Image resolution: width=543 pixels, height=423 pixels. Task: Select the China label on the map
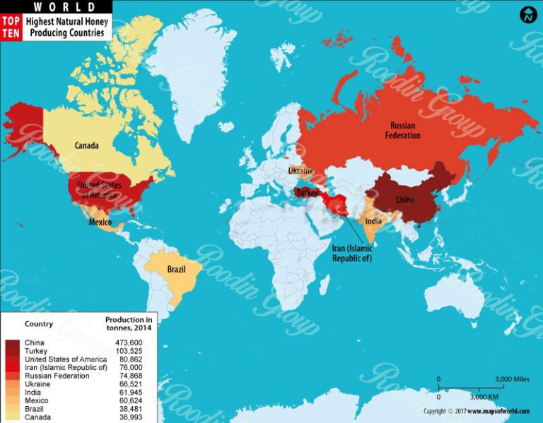(405, 200)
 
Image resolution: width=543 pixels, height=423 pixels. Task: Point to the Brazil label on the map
(177, 270)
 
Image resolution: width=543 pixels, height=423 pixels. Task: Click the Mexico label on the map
(100, 222)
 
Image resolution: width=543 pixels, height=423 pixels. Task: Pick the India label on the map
(373, 221)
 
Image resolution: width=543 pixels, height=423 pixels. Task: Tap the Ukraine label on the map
(301, 170)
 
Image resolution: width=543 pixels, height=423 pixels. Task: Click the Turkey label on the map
(308, 192)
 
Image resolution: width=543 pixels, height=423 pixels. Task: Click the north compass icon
(528, 15)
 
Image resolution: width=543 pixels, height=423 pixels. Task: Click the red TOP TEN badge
(11, 28)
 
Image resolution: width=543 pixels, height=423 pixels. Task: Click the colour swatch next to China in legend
(13, 343)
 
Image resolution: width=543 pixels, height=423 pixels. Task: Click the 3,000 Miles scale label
(511, 379)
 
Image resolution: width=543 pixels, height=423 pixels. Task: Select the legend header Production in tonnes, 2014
(129, 324)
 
